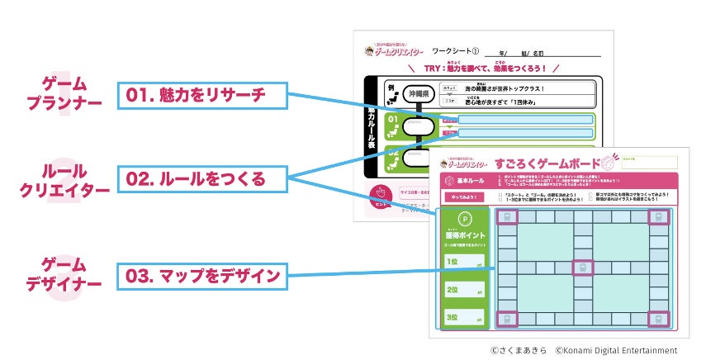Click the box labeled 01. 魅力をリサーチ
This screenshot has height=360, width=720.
coord(201,95)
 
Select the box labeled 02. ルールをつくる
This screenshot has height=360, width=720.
coord(201,178)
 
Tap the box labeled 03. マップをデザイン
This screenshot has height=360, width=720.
coord(201,276)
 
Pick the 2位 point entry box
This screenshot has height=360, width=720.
coord(464,291)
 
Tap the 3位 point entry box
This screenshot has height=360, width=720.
coord(464,317)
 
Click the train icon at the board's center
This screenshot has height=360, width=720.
coord(583,268)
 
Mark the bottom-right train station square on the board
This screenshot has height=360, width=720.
coord(658,319)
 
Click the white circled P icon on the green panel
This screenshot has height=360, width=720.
coord(464,220)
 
